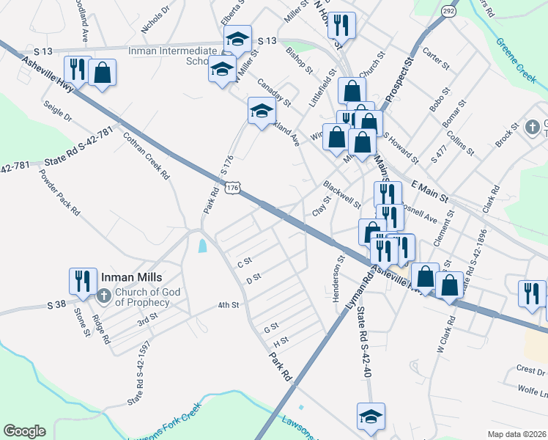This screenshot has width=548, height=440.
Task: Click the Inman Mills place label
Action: click(x=130, y=278)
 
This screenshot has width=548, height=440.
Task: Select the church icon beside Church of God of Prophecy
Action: click(x=103, y=296)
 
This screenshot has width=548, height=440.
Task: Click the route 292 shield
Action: click(x=449, y=12)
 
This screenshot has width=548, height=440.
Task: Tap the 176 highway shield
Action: click(x=232, y=188)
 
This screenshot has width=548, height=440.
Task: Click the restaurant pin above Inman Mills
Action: click(x=81, y=279)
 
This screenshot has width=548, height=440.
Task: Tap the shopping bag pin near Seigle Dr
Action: click(x=103, y=73)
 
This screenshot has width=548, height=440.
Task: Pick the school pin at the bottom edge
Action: click(x=371, y=416)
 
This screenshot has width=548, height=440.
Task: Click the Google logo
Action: click(x=24, y=431)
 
